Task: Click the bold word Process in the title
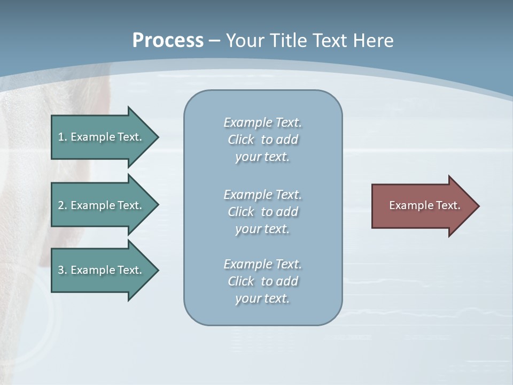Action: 168,41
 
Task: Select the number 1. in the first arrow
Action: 62,137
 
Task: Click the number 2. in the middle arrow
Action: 62,205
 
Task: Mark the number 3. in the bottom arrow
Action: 62,270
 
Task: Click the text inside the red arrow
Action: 425,205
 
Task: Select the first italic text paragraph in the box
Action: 262,140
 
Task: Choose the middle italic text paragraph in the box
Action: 262,212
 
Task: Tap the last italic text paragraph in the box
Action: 262,281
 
